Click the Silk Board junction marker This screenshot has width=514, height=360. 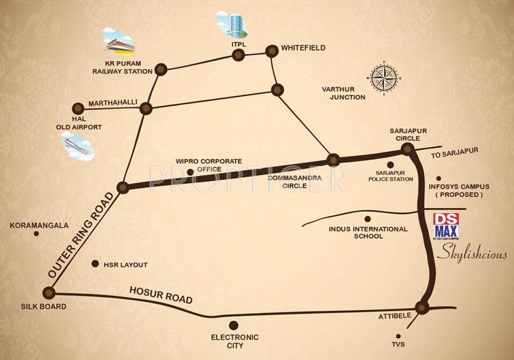(x=49, y=293)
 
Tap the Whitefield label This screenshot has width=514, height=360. (x=303, y=48)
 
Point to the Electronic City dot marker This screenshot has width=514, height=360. (x=233, y=325)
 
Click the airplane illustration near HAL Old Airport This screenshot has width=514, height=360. (x=76, y=146)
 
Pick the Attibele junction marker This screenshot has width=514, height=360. (x=422, y=308)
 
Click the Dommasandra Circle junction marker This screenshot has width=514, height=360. (x=333, y=160)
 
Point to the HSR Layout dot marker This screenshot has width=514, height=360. (x=95, y=264)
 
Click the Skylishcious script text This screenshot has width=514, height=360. (x=471, y=254)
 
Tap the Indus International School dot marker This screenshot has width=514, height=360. (x=368, y=219)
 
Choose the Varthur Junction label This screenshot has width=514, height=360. (x=344, y=93)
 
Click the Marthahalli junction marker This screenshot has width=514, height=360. (x=146, y=109)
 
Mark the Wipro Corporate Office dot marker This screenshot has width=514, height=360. (x=191, y=172)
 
